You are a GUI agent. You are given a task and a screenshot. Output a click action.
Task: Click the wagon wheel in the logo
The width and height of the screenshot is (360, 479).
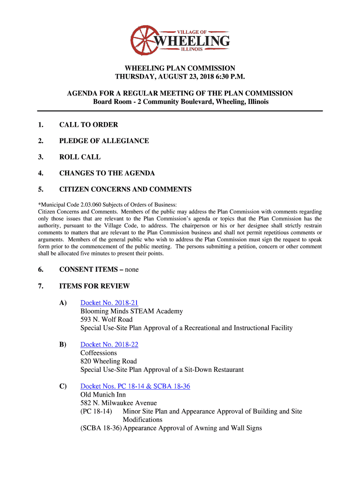[x=145, y=40]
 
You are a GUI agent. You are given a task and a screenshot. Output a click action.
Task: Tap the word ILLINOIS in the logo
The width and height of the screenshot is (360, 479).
[x=192, y=50]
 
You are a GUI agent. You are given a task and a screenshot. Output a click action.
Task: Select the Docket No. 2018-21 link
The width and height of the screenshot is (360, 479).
[x=109, y=303]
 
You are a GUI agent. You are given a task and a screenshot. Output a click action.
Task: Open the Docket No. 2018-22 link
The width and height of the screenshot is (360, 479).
[x=109, y=344]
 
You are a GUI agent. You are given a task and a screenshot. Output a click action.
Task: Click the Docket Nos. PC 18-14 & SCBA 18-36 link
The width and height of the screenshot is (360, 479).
[x=135, y=386]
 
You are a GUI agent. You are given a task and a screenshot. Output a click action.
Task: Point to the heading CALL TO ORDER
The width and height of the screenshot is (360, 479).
[x=88, y=124]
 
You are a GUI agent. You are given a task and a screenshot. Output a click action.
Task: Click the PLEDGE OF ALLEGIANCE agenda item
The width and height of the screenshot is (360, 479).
[x=104, y=141]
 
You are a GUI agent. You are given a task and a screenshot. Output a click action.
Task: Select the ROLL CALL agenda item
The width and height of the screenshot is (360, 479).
[x=79, y=157]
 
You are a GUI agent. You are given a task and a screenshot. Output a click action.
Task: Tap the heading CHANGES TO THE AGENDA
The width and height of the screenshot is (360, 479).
[x=107, y=173]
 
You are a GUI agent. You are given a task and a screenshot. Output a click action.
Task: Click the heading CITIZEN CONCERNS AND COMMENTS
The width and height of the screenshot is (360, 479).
[x=125, y=189]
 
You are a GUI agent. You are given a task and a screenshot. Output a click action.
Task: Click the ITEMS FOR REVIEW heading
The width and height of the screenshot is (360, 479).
[x=94, y=286]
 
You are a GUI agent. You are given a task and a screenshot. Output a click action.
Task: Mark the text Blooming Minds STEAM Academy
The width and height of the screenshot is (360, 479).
[x=131, y=311]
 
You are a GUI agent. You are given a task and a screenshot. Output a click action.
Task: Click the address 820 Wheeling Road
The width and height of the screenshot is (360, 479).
[x=108, y=361]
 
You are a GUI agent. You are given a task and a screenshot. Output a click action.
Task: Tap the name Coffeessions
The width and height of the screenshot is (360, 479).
[x=99, y=353]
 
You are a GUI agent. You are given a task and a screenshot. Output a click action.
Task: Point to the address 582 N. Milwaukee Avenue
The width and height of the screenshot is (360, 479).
[x=118, y=403]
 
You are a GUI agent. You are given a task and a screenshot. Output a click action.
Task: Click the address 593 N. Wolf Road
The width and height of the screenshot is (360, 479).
[x=107, y=319]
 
